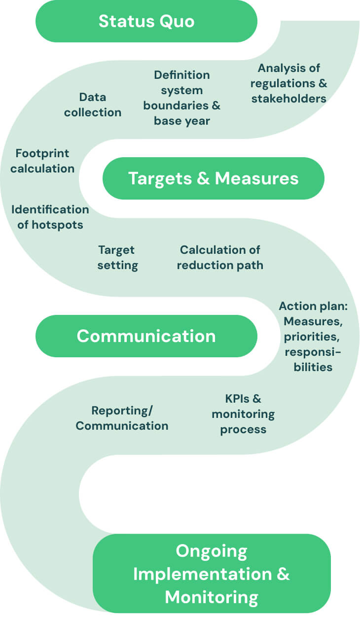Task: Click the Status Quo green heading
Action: tap(146, 21)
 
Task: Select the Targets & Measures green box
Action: tap(213, 178)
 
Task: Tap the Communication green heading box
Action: tap(146, 336)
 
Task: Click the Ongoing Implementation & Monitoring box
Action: tap(212, 574)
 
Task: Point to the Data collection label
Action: tap(93, 104)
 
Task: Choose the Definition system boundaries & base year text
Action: tap(182, 98)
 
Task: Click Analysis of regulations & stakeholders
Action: tap(289, 83)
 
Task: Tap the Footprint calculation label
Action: tap(42, 161)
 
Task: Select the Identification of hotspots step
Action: tap(50, 217)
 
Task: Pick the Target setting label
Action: tap(117, 257)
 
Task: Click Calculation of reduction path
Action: tap(220, 257)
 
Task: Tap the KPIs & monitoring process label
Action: tap(243, 413)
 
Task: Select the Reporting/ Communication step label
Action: tap(122, 418)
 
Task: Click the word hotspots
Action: tap(58, 225)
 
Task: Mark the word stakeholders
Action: tap(289, 98)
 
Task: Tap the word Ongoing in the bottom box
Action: tap(212, 550)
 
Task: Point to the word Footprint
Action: tap(42, 153)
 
